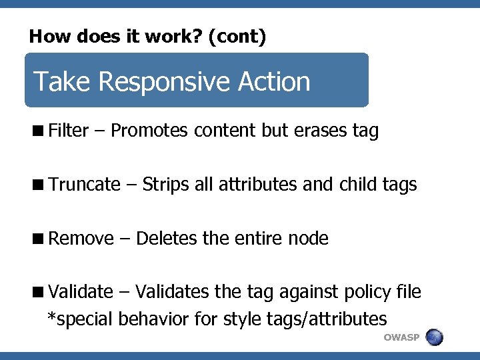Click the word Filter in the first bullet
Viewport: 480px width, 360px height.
pyautogui.click(x=69, y=131)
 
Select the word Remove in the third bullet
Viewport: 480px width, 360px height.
pyautogui.click(x=81, y=238)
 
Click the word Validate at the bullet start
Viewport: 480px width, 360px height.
pyautogui.click(x=81, y=292)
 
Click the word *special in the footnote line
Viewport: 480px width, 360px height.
pyautogui.click(x=80, y=319)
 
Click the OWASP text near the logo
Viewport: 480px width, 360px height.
pyautogui.click(x=401, y=337)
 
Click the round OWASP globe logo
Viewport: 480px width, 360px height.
pyautogui.click(x=434, y=337)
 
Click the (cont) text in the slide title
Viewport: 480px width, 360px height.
pyautogui.click(x=237, y=37)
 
